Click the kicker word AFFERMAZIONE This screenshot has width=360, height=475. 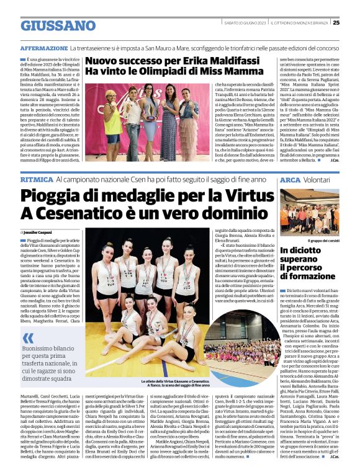pyautogui.click(x=43, y=48)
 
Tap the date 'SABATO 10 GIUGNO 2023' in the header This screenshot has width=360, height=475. pyautogui.click(x=245, y=23)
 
